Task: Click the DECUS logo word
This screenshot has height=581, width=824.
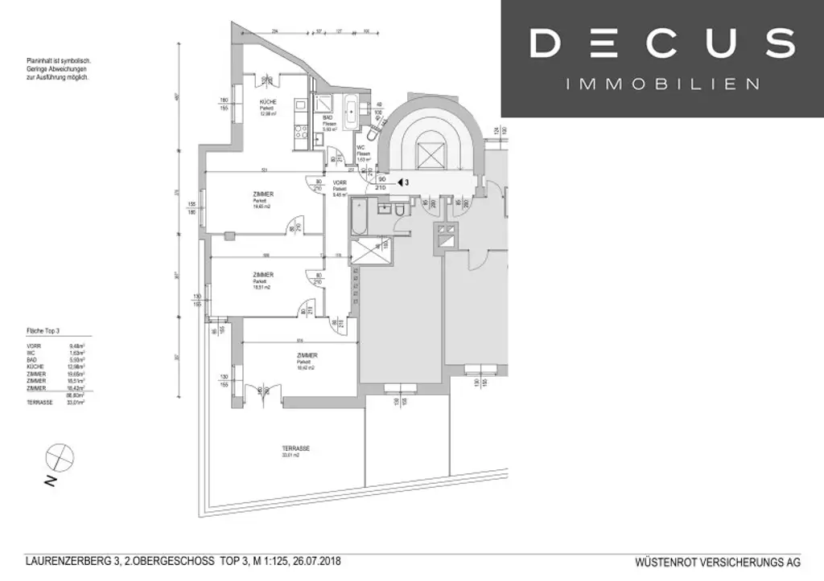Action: (x=662, y=43)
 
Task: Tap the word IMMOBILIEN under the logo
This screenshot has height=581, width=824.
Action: (x=663, y=84)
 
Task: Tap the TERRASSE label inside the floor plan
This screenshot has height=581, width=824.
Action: (x=296, y=448)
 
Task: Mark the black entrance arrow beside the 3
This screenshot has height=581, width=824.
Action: (x=400, y=182)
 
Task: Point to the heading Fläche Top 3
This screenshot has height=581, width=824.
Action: (x=43, y=331)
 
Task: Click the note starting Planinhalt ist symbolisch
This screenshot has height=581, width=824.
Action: (x=58, y=61)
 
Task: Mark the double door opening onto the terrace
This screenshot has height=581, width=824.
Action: (x=261, y=396)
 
